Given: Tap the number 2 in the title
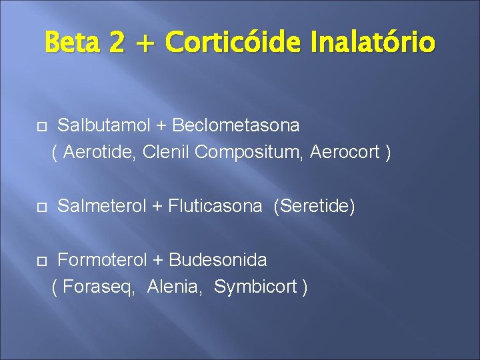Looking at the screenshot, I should click(117, 43).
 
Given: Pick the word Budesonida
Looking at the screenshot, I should click(218, 259).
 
